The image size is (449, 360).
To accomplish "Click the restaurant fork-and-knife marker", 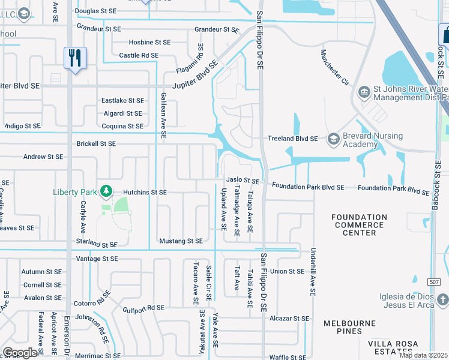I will coord(75,58).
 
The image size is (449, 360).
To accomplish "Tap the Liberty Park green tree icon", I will coord(106,191).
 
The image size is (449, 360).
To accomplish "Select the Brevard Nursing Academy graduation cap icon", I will coord(334,140).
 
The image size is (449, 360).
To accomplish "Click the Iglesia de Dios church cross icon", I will coord(442,298).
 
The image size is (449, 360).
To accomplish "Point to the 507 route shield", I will coord(435,281).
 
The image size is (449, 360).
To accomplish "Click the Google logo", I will coord(20,353).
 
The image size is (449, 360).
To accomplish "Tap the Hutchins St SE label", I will coord(145,192).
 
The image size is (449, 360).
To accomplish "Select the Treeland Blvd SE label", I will coord(292,139).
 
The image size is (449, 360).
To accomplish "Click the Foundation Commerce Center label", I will coord(360,225).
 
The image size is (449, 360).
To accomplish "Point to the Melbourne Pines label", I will coord(351,327).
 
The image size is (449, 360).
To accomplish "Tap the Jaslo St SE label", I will coord(243,181).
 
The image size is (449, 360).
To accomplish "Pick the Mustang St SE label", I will coord(181,241).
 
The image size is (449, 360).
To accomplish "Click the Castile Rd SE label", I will coord(139,55).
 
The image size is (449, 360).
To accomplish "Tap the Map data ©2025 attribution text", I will coord(424,355).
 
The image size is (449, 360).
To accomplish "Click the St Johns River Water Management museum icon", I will coord(364,92).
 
